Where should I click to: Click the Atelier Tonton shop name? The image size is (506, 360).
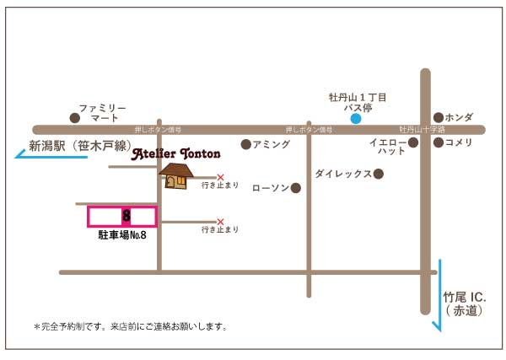coord(176,154)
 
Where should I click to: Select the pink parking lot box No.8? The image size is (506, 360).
coord(122,217)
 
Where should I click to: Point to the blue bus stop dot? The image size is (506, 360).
coord(356,118)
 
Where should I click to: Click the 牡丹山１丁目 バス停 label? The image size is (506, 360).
coord(358,103)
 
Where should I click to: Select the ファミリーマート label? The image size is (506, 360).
coord(102,114)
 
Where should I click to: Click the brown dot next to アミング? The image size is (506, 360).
coord(246,144)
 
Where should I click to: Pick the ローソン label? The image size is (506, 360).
coord(271,187)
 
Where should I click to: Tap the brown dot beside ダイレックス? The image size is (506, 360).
coord(379,174)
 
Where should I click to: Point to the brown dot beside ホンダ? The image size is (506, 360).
coord(439,117)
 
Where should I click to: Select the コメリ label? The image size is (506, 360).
coord(459,142)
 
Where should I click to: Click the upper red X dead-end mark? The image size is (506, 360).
coord(221,177)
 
